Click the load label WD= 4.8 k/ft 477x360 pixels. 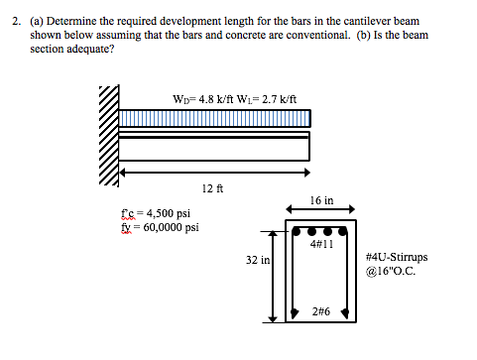point(201,98)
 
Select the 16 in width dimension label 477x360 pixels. point(320,199)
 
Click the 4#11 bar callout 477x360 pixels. point(320,243)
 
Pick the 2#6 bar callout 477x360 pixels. point(320,312)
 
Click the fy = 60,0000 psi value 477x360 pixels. point(159,226)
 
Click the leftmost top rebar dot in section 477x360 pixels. point(297,230)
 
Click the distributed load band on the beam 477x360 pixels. point(214,119)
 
